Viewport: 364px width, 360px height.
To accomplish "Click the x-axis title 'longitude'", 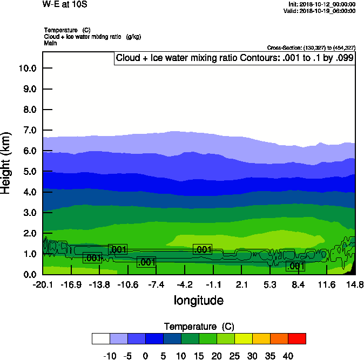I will coord(198,300).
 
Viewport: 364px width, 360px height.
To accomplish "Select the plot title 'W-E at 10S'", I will coord(64,4).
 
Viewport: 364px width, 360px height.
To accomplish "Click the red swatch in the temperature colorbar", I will coord(296,338).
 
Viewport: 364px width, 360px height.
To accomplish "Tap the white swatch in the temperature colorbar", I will coord(101,338).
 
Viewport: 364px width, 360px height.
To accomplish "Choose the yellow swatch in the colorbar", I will coord(243,338).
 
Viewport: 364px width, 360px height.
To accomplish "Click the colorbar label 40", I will coord(288,356).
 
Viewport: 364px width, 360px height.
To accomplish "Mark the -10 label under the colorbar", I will coord(110,356).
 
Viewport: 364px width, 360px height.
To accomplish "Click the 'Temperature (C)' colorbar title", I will coord(198,327).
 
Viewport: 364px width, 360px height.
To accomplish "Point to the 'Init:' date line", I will coord(322,4).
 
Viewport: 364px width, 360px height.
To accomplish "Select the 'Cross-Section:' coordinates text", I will coord(311,47).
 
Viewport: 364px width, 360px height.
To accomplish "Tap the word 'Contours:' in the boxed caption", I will coord(257,58).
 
